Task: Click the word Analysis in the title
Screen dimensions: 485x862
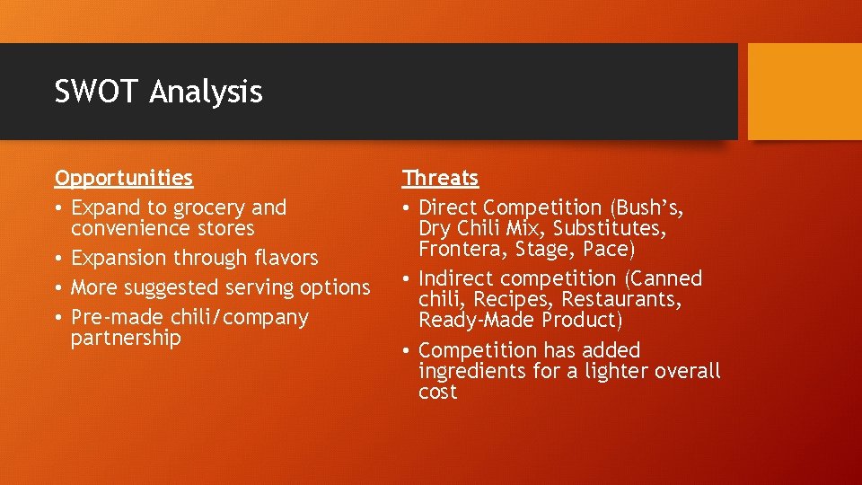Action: (x=206, y=93)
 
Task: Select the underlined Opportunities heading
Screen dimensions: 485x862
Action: (x=124, y=178)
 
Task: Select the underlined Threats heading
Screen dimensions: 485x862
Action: (x=440, y=178)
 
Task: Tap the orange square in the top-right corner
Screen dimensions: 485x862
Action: (x=805, y=92)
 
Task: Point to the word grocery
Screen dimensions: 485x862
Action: (x=210, y=208)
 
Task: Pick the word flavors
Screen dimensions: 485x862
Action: (x=285, y=259)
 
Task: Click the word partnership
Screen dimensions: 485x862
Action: (x=126, y=339)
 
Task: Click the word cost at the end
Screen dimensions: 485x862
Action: (x=438, y=392)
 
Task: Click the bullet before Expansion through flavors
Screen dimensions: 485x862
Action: (x=59, y=259)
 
